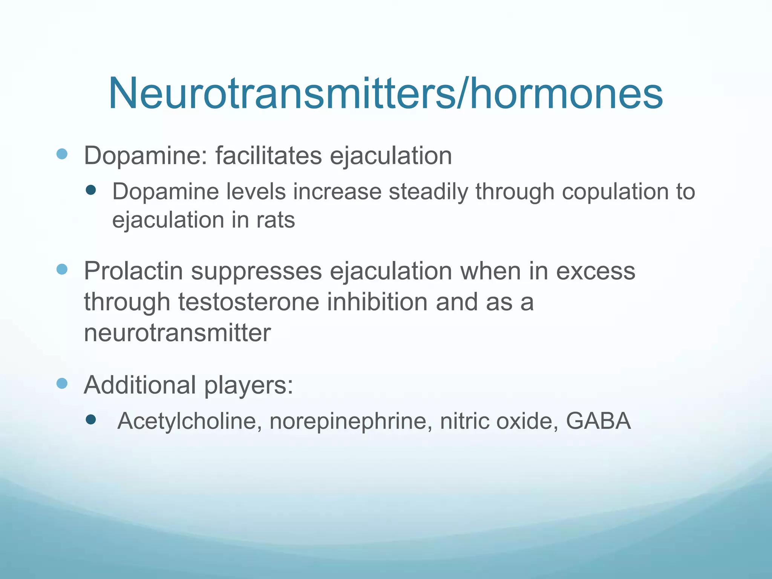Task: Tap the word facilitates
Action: (x=268, y=155)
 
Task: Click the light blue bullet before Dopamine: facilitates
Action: (x=62, y=154)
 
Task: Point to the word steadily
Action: (x=428, y=191)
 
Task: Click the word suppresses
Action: (x=256, y=271)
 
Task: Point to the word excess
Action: (x=596, y=271)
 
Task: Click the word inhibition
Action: (x=377, y=302)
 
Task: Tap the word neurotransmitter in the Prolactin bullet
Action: (x=177, y=333)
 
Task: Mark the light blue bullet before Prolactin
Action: (x=62, y=269)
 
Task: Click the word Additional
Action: (x=140, y=385)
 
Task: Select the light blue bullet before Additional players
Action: (x=62, y=383)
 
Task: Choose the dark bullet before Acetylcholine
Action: (x=91, y=419)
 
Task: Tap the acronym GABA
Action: (x=598, y=421)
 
